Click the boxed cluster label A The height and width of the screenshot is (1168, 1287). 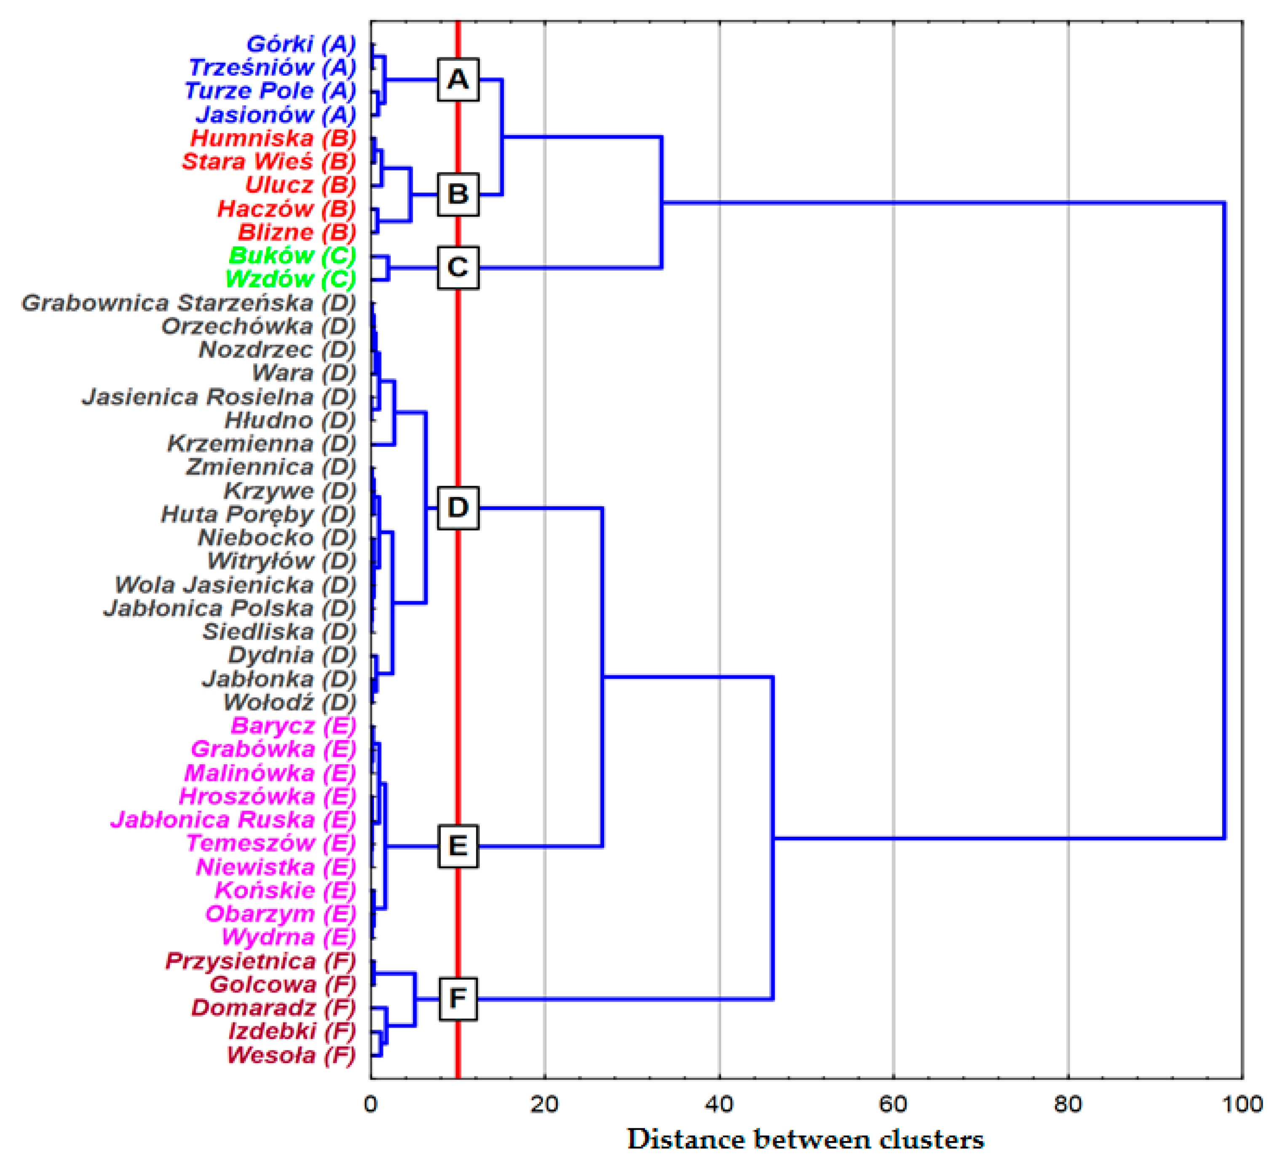click(458, 80)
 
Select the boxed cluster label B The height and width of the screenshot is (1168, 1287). click(458, 194)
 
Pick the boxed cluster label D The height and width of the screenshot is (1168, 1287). click(458, 507)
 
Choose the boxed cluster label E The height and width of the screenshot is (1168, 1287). click(458, 846)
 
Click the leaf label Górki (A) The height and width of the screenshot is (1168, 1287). click(301, 44)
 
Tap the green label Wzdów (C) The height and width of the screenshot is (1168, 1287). click(290, 279)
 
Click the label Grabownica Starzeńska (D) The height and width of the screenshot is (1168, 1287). click(189, 303)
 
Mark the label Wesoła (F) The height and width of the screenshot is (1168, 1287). click(291, 1055)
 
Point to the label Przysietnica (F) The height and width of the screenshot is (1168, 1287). click(260, 961)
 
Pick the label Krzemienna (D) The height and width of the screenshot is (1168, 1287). click(262, 444)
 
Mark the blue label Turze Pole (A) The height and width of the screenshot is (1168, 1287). click(270, 91)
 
